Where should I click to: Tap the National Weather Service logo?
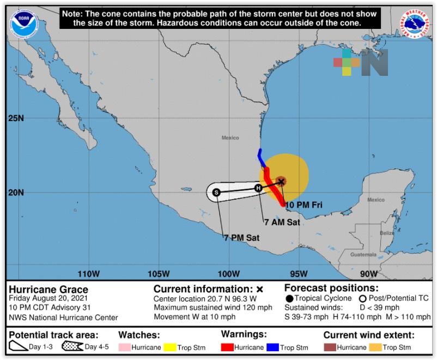click(x=414, y=23)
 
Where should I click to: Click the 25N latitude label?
click(x=16, y=118)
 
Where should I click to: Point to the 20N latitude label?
click(x=16, y=193)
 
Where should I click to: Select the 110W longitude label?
click(x=89, y=273)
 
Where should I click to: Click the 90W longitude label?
click(x=369, y=273)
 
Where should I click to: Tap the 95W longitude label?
click(x=299, y=273)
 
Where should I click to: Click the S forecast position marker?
click(x=216, y=192)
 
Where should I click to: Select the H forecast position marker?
click(x=259, y=188)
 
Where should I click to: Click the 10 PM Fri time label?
click(x=305, y=205)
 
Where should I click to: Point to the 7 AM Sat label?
click(x=282, y=222)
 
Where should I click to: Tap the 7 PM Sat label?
click(x=241, y=237)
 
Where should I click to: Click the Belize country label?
click(x=387, y=233)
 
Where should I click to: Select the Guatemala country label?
click(x=363, y=254)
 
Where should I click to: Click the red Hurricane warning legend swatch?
click(x=227, y=347)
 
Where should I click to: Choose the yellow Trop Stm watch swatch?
click(x=169, y=347)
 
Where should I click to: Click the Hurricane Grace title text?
click(x=48, y=290)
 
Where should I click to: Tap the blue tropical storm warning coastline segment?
click(x=262, y=158)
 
